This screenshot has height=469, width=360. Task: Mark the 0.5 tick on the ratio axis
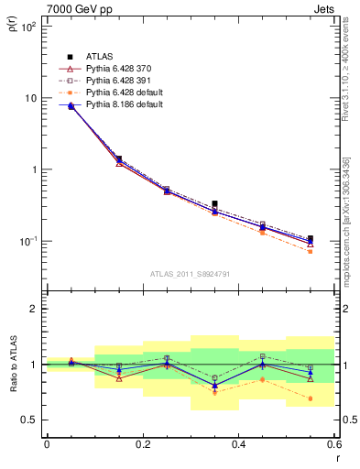pos(30,420)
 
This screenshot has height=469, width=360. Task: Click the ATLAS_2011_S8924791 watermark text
pos(190,273)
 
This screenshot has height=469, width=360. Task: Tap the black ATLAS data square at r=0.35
pos(214,203)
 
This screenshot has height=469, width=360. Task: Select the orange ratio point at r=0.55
pos(311,398)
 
